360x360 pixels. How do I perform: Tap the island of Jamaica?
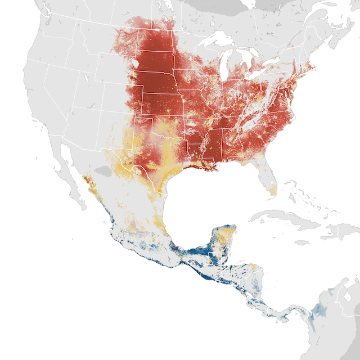(x=302, y=242)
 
